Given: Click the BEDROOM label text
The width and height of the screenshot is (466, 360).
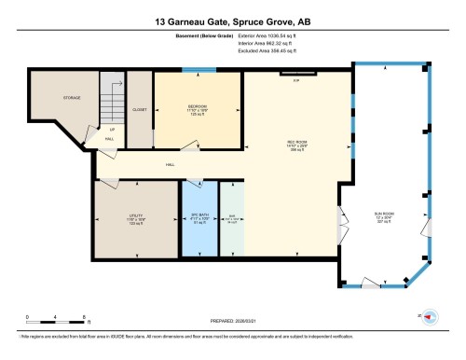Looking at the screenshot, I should (197, 108).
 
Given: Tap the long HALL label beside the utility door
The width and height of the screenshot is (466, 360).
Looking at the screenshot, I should (171, 165).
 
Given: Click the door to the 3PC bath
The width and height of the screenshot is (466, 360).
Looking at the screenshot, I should (194, 179).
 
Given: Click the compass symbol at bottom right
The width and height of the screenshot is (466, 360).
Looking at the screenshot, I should (430, 317).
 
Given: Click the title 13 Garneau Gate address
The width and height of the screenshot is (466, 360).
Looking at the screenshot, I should (233, 19).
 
